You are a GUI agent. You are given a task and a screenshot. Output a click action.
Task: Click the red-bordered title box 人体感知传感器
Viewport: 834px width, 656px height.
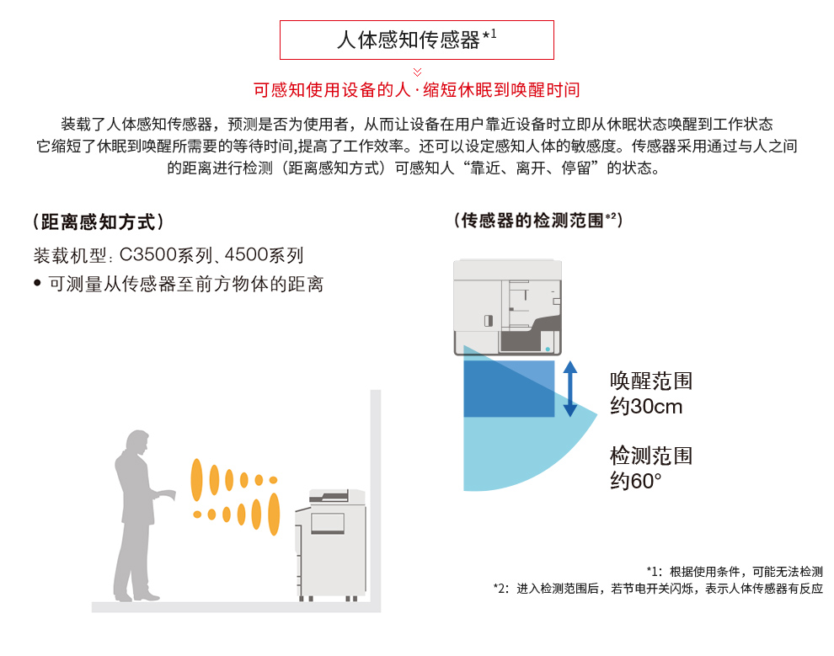pos(416,40)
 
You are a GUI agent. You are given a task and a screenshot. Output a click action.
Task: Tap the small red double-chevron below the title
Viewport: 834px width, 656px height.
pos(418,72)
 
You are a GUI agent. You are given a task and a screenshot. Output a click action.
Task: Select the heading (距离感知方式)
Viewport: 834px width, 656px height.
pos(99,221)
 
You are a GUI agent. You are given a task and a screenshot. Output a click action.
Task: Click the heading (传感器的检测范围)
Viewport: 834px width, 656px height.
pos(537,220)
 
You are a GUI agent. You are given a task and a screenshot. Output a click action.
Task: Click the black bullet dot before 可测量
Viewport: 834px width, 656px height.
pos(37,283)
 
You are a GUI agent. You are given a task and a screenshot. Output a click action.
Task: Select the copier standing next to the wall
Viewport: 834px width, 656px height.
pos(330,546)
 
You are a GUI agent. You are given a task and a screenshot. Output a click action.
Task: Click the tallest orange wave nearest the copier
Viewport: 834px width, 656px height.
pos(274,514)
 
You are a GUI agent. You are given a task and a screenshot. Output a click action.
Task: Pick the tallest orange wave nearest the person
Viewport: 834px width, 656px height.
pos(197,479)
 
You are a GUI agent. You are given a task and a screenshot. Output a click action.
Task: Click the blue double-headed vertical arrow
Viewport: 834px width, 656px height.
pos(570,388)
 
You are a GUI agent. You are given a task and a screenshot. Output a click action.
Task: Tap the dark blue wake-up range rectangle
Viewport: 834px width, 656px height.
pos(509,388)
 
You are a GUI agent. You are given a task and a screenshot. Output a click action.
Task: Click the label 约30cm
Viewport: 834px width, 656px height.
pos(646,407)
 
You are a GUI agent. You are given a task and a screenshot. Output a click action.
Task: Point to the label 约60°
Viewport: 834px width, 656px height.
pos(636,481)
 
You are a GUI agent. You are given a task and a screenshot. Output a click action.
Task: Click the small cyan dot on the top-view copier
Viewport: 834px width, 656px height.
pos(548,349)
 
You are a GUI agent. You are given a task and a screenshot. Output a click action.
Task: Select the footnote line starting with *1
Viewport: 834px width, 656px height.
pos(735,572)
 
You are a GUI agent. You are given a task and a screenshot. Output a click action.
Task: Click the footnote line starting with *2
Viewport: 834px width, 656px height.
pos(658,589)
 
